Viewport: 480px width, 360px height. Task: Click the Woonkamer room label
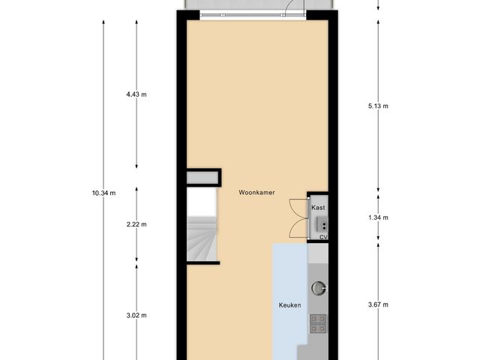tap(256, 193)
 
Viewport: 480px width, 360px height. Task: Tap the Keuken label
tap(289, 305)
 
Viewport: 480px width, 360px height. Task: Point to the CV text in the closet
tap(323, 237)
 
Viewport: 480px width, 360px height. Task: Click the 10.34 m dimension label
tap(103, 193)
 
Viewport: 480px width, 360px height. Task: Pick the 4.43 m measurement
tap(136, 94)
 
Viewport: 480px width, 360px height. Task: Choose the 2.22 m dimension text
tap(136, 224)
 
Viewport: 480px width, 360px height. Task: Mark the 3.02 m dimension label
tap(136, 315)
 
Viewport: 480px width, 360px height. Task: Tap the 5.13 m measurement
tap(378, 106)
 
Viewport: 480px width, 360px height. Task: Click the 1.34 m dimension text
tap(378, 217)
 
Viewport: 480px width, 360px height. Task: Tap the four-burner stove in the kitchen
tap(317, 323)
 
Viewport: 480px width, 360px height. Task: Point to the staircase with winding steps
tap(202, 239)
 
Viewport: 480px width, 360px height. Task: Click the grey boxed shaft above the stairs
tap(204, 178)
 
